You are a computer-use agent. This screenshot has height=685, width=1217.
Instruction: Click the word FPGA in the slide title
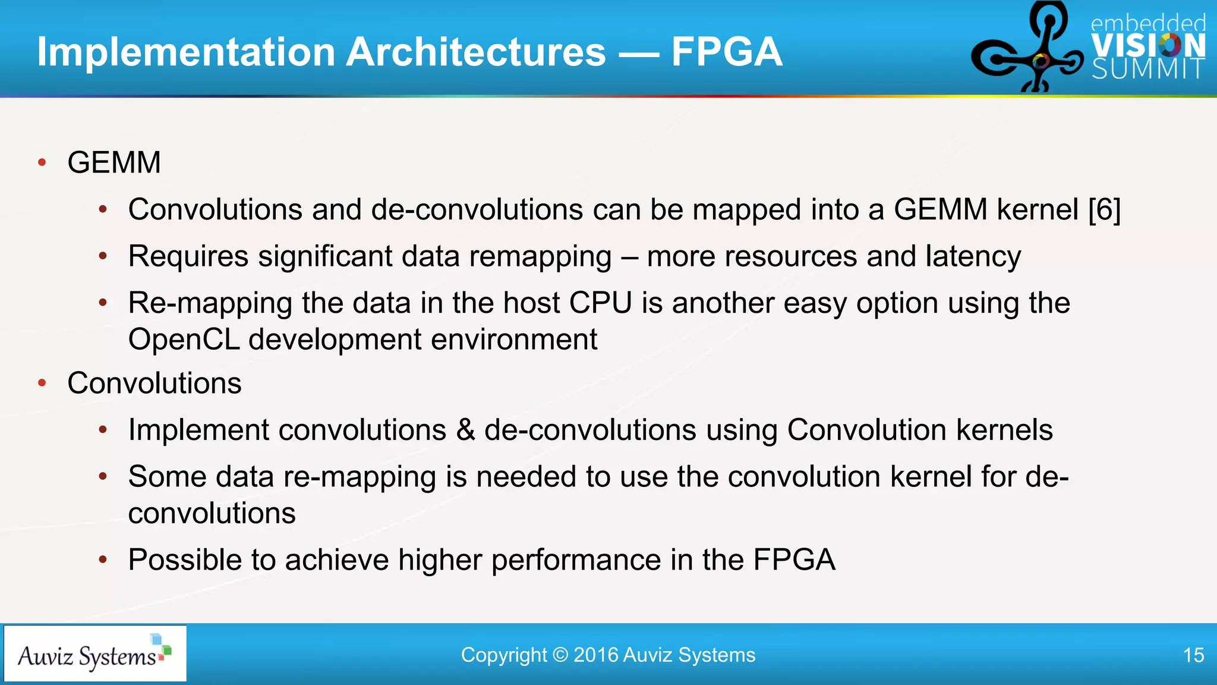pyautogui.click(x=726, y=52)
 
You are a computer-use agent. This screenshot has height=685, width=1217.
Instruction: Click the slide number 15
pyautogui.click(x=1193, y=655)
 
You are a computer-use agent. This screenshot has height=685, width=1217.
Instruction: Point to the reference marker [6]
pyautogui.click(x=1104, y=210)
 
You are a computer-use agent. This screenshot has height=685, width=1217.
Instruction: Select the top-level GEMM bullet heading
pyautogui.click(x=114, y=163)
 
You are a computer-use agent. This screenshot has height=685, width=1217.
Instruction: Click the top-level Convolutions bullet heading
pyautogui.click(x=155, y=384)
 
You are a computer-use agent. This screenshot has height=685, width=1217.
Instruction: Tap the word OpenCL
pyautogui.click(x=184, y=340)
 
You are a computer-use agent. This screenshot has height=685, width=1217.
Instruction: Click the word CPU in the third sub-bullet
pyautogui.click(x=600, y=303)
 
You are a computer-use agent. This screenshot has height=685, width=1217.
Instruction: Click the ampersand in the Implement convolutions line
pyautogui.click(x=465, y=431)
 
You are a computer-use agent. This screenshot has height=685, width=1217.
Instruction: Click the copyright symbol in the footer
pyautogui.click(x=560, y=655)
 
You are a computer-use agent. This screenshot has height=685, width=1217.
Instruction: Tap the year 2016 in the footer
pyautogui.click(x=595, y=655)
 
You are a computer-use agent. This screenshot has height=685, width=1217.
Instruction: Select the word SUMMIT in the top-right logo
pyautogui.click(x=1148, y=70)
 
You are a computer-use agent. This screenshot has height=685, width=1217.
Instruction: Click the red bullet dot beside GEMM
pyautogui.click(x=42, y=163)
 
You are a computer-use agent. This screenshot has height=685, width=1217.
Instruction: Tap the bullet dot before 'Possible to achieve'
pyautogui.click(x=103, y=560)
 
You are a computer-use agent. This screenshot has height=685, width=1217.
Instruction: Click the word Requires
pyautogui.click(x=188, y=257)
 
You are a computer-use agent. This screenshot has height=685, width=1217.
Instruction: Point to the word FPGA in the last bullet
pyautogui.click(x=794, y=560)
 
